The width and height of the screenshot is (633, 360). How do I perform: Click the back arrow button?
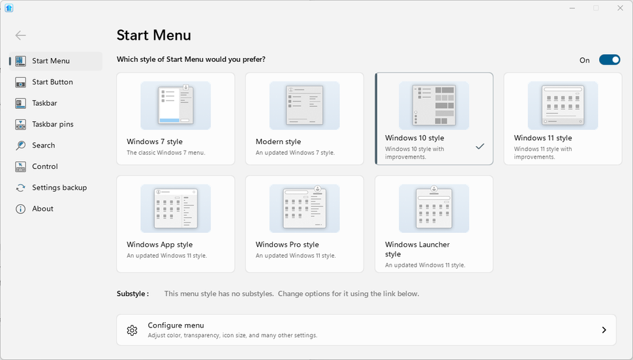(21, 35)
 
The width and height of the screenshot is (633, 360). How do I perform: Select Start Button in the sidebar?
(52, 82)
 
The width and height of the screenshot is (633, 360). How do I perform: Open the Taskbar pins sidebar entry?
(52, 124)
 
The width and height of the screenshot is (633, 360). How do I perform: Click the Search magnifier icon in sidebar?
(20, 145)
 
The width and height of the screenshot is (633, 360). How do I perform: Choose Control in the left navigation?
(45, 166)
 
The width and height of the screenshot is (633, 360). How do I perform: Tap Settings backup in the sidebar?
(59, 188)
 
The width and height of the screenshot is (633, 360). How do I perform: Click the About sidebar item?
(42, 209)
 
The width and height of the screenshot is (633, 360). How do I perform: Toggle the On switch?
(610, 60)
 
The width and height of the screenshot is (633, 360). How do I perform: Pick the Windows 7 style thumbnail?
(175, 105)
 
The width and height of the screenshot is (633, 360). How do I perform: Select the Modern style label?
(278, 142)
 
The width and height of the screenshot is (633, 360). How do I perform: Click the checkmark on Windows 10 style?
(480, 147)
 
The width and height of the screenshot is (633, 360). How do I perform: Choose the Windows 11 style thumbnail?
(563, 105)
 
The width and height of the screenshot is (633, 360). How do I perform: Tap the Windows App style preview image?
(175, 208)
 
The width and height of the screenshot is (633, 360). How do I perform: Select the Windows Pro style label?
(287, 245)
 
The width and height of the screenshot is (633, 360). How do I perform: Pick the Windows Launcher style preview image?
(433, 208)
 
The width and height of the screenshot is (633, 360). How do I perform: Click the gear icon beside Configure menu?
(132, 330)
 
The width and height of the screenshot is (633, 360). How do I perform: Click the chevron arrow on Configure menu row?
(604, 330)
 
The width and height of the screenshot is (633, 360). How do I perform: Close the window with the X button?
(620, 8)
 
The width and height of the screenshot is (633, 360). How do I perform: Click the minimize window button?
(572, 8)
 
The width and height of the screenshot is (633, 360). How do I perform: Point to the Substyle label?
(132, 293)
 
